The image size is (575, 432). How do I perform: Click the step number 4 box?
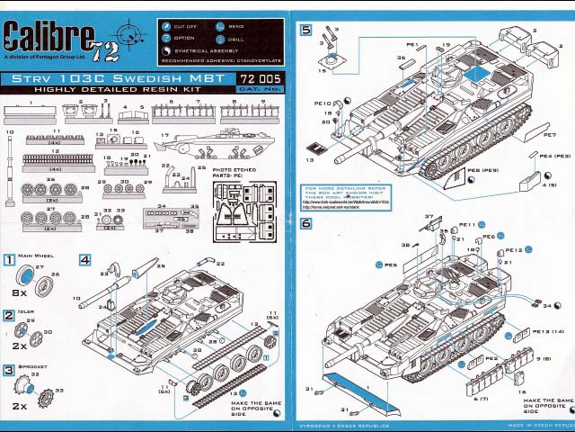coord(84,259)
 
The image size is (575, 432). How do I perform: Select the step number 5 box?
coord(306,30)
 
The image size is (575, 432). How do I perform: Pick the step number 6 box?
coord(306,223)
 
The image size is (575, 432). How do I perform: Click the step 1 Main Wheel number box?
coord(9,259)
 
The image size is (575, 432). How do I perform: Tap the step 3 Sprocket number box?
coord(9,369)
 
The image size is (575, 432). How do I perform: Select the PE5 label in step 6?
coord(391,265)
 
